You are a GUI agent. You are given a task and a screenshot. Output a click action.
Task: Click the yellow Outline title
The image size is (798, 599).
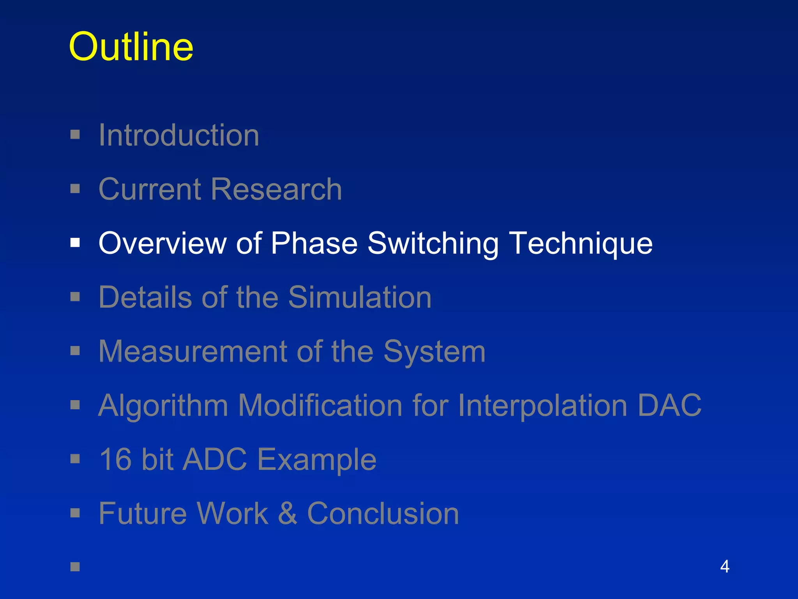tap(131, 47)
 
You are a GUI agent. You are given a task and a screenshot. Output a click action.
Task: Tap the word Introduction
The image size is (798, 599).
tap(178, 135)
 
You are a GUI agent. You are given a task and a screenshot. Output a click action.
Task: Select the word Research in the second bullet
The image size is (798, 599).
tap(276, 189)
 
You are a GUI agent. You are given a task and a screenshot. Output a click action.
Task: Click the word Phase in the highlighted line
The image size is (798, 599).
tap(314, 243)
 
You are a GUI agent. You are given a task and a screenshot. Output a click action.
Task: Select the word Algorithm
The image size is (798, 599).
tap(163, 406)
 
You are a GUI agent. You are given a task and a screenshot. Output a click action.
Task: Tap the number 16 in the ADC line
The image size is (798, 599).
tap(115, 459)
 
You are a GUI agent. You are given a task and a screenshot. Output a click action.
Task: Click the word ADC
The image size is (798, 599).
tap(215, 459)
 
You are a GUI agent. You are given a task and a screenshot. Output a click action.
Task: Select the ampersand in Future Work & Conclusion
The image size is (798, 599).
tap(288, 514)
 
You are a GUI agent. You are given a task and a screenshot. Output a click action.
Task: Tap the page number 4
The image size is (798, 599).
tap(724, 566)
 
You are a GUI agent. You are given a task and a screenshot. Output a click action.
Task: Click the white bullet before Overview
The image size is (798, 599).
tap(75, 243)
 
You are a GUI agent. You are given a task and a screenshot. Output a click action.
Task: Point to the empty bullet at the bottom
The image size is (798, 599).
tap(75, 567)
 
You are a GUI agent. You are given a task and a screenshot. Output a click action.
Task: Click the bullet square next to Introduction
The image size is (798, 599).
tap(75, 135)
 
